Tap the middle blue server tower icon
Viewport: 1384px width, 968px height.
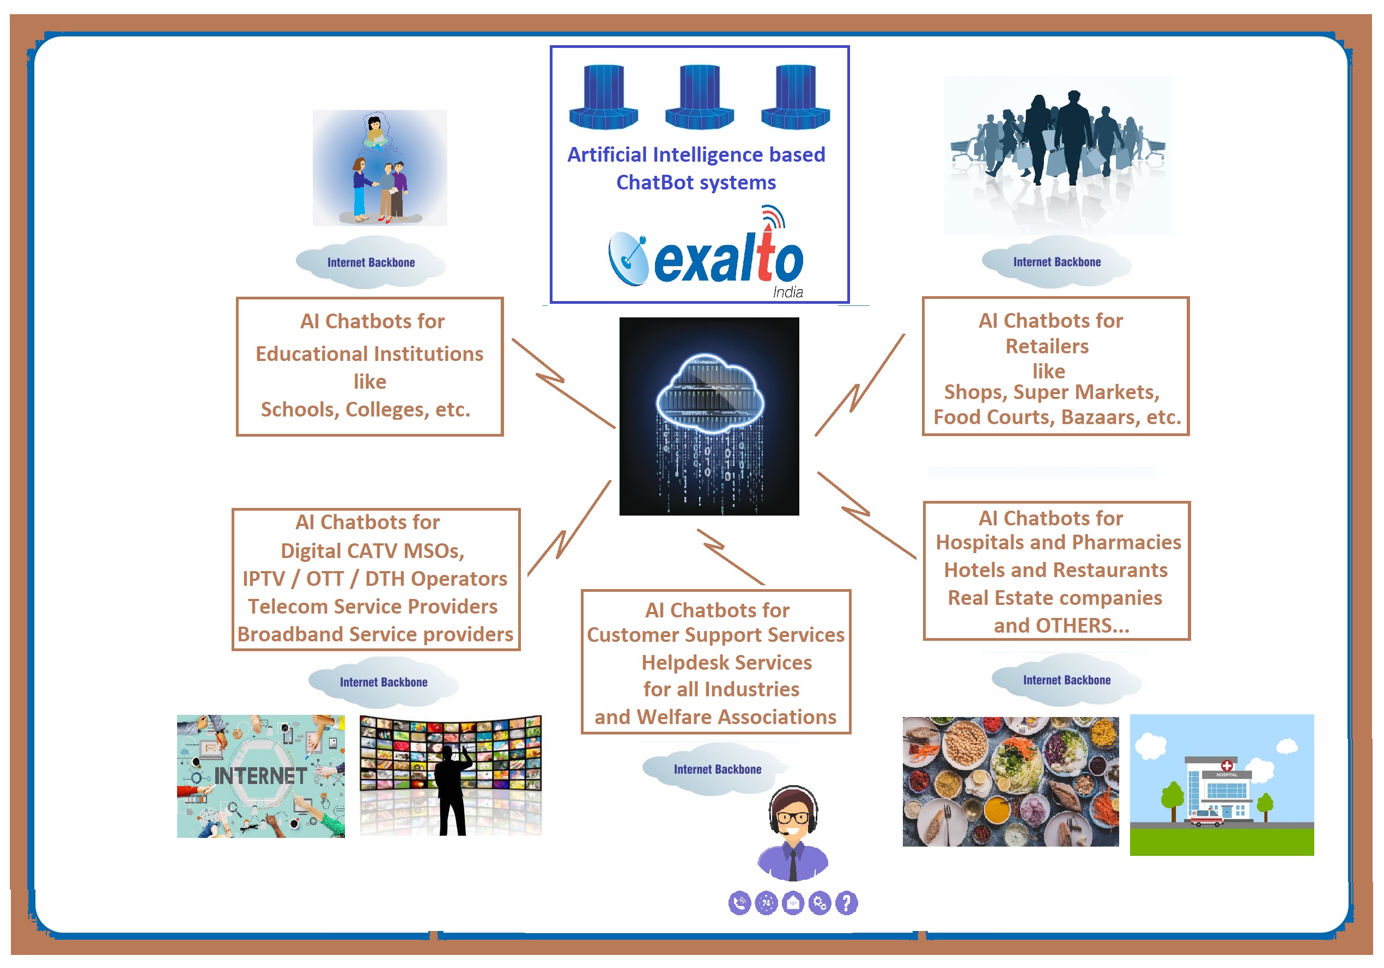click(x=699, y=96)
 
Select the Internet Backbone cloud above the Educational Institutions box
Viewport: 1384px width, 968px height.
click(x=371, y=262)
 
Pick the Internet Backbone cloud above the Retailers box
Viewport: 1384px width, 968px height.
click(x=1057, y=262)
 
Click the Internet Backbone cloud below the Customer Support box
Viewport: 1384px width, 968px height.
click(x=717, y=769)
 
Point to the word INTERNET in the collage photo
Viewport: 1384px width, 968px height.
click(x=260, y=776)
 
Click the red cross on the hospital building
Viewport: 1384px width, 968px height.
click(x=1226, y=765)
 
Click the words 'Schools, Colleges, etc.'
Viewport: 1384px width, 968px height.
click(x=365, y=409)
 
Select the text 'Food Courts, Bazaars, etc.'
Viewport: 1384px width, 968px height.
click(x=1057, y=417)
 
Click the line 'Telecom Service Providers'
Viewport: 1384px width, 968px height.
click(x=373, y=606)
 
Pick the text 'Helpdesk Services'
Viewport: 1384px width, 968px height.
click(x=726, y=663)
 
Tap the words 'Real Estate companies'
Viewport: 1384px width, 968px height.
click(x=1055, y=598)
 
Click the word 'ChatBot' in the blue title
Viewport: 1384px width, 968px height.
click(x=654, y=182)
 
